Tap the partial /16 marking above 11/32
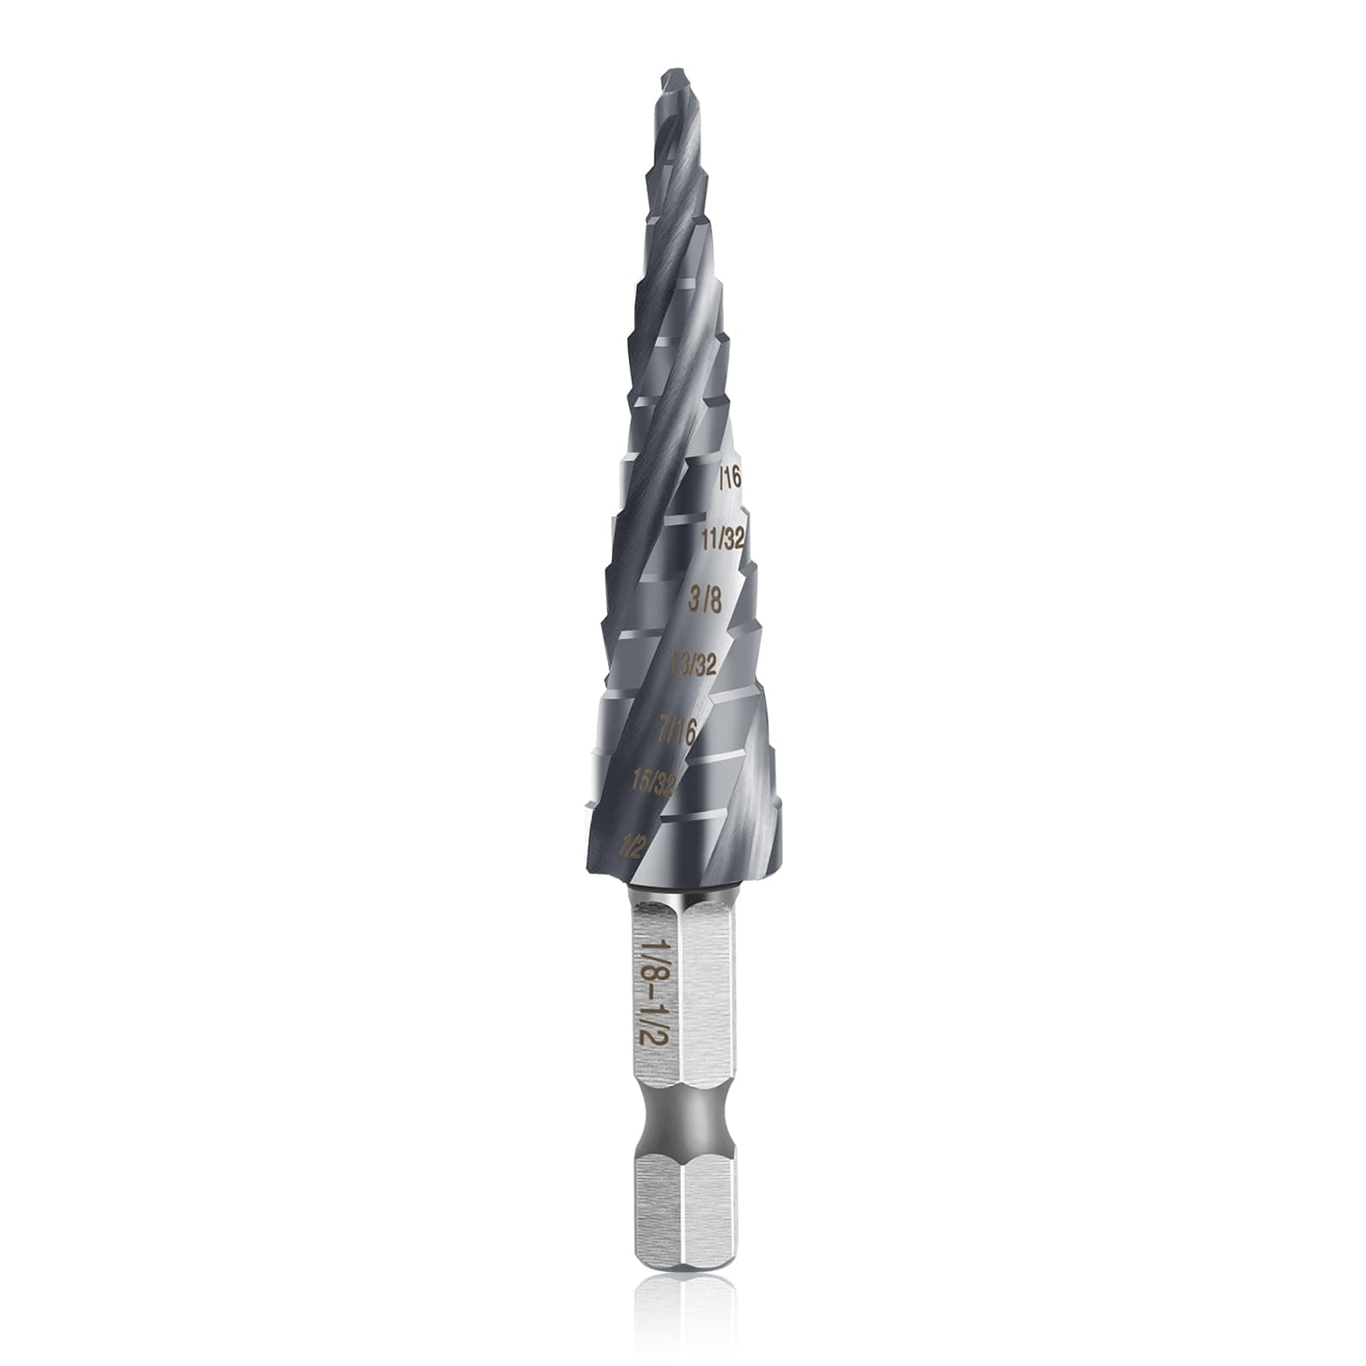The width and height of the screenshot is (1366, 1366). tap(730, 477)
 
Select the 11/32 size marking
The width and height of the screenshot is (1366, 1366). tap(722, 539)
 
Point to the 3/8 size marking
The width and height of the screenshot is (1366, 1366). tap(705, 599)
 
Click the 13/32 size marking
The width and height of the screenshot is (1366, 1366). tap(693, 663)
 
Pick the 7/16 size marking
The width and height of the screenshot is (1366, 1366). tap(679, 730)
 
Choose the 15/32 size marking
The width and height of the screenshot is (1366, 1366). tap(653, 782)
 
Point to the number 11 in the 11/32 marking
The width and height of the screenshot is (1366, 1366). tap(709, 539)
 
